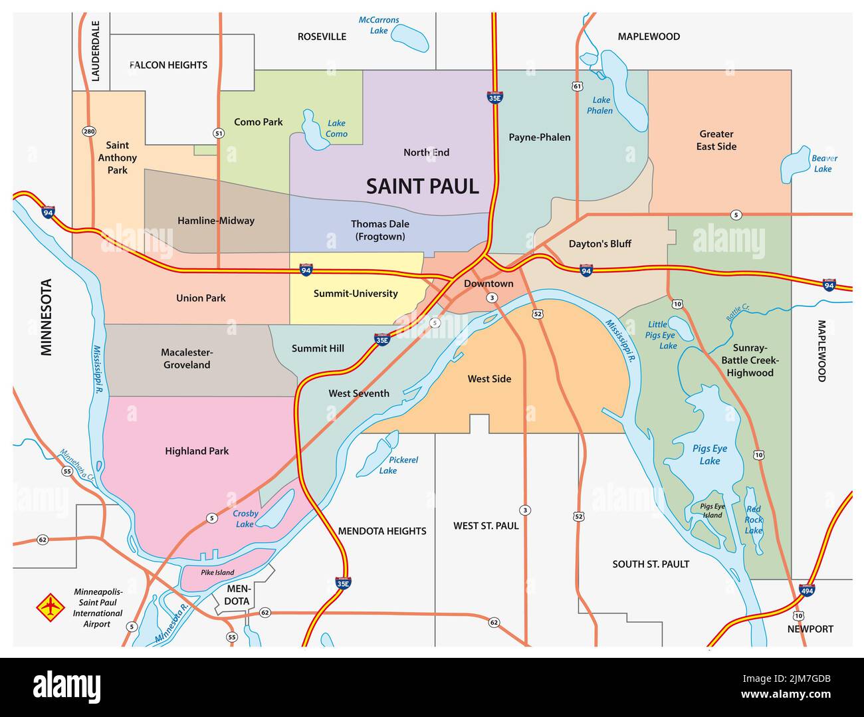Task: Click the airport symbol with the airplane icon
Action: (50, 607)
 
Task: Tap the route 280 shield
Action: (89, 131)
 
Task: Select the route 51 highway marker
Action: (219, 134)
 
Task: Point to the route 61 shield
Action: (576, 86)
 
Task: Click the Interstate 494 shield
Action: (807, 589)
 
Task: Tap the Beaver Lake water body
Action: (795, 163)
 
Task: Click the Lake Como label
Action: (336, 128)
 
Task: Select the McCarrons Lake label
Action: (379, 25)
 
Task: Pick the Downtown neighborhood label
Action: (488, 284)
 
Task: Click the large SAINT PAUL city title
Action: (423, 187)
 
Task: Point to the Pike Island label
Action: (217, 572)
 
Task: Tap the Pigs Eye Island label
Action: (712, 510)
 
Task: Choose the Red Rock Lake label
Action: (754, 520)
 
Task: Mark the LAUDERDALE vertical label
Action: (95, 51)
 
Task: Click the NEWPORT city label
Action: (810, 629)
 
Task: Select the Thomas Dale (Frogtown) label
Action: (380, 230)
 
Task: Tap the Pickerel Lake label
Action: (403, 465)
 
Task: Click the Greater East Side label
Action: (716, 140)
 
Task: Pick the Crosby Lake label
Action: (245, 519)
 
